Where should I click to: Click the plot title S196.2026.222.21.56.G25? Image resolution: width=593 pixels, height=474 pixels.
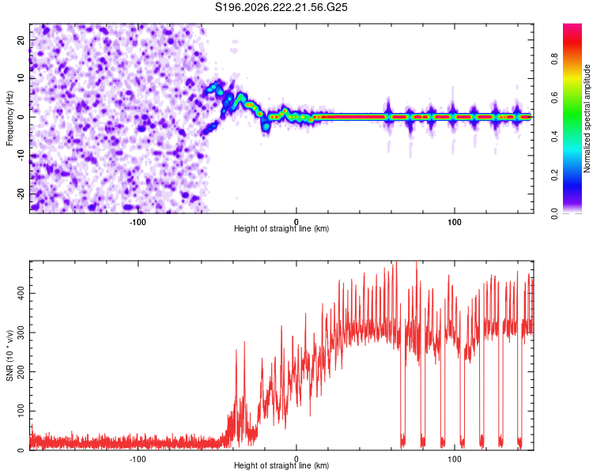[x=281, y=7]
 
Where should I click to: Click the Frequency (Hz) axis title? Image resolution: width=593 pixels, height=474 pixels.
[x=9, y=118]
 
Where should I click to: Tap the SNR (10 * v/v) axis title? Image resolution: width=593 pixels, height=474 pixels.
[x=9, y=355]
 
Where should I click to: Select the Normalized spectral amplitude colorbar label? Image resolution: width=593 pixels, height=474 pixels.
[x=587, y=118]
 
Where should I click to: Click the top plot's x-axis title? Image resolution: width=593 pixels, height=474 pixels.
[x=281, y=228]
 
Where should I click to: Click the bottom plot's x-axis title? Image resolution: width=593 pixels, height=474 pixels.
[x=281, y=465]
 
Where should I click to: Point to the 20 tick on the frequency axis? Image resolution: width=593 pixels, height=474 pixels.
[x=21, y=40]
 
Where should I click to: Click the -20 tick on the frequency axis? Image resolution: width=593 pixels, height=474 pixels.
[x=21, y=194]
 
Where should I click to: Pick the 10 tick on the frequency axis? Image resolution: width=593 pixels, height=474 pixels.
[x=21, y=79]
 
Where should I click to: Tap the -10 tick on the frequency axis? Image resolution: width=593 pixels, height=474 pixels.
[x=21, y=155]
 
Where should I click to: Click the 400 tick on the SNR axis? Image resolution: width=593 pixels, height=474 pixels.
[x=21, y=293]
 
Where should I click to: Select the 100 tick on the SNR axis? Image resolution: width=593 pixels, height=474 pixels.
[x=21, y=411]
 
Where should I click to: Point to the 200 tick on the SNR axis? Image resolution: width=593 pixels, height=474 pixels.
[x=21, y=371]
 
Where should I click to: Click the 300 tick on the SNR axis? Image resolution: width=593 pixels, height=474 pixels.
[x=21, y=333]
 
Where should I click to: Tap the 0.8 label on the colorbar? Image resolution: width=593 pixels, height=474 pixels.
[x=554, y=59]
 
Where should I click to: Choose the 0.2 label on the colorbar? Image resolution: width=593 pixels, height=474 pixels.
[x=554, y=175]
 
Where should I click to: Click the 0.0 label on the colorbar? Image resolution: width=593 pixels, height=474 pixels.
[x=554, y=213]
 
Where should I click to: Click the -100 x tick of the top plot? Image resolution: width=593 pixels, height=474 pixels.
[x=138, y=222]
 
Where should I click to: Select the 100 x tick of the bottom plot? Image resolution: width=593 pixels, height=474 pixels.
[x=454, y=459]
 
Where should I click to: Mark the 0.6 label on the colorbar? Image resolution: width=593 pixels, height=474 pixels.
[x=554, y=97]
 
